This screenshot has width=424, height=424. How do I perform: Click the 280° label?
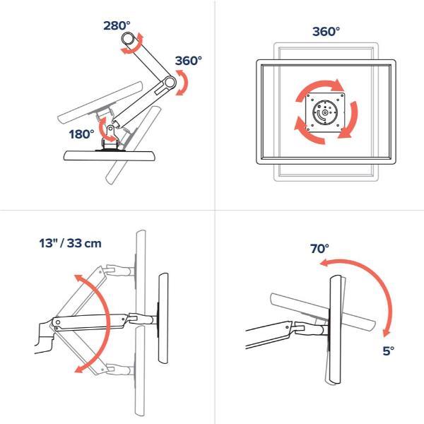(x=117, y=25)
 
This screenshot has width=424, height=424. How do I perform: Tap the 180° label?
(x=82, y=134)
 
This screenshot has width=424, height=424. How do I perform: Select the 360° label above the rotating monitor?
(x=326, y=32)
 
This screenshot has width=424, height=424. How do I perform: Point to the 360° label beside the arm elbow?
(x=188, y=61)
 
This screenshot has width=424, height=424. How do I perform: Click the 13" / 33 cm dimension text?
(x=70, y=243)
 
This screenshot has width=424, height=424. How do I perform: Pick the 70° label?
(x=319, y=249)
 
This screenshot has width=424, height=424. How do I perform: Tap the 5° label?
(x=388, y=351)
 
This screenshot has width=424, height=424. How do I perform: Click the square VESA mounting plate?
(x=325, y=112)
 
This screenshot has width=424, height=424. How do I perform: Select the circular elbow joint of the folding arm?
(x=170, y=82)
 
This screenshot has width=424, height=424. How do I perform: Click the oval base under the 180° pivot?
(x=110, y=155)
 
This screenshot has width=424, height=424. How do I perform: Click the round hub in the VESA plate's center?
(x=324, y=112)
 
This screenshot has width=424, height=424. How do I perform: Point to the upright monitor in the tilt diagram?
(x=335, y=329)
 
